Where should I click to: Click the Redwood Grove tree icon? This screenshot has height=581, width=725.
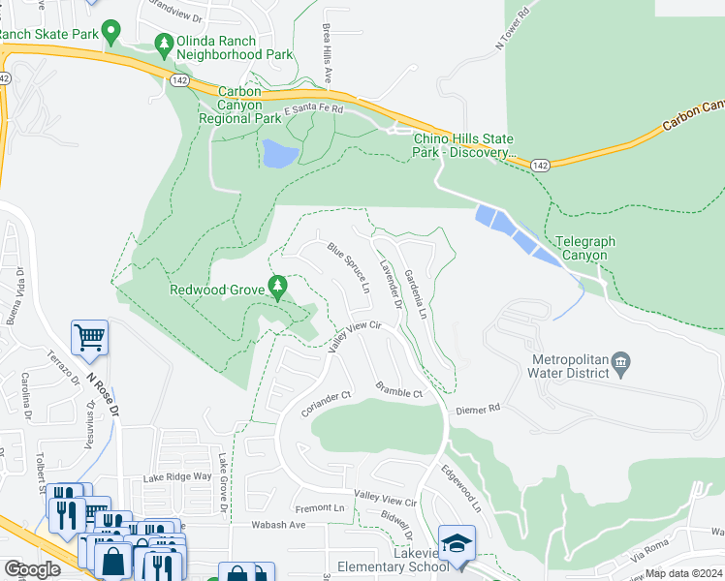click(278, 287)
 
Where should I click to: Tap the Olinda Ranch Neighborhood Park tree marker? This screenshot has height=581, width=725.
click(164, 44)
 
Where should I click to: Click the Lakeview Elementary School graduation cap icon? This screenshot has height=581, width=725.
click(456, 544)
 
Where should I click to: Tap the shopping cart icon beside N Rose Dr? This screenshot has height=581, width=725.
click(89, 337)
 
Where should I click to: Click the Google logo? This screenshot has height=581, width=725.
click(32, 569)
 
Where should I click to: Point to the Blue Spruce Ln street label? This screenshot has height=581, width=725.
click(350, 268)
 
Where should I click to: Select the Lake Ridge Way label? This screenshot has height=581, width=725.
click(176, 476)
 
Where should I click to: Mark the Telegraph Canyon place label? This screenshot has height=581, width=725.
click(583, 248)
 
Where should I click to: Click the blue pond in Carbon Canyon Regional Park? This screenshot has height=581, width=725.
click(278, 153)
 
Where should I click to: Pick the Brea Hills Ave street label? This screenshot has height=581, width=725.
click(327, 53)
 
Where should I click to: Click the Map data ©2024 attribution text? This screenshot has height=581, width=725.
click(683, 573)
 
